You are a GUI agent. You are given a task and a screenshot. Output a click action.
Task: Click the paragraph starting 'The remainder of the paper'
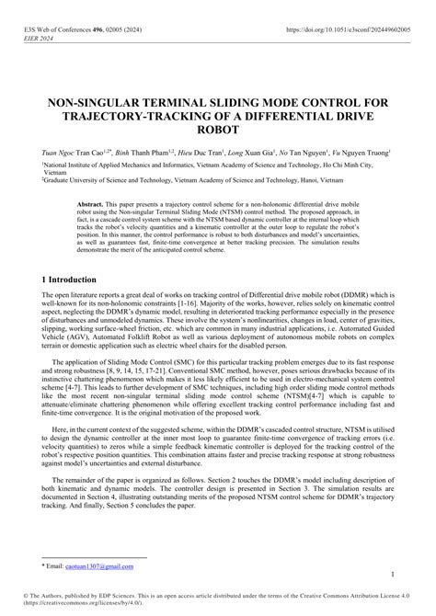pyautogui.click(x=218, y=495)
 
